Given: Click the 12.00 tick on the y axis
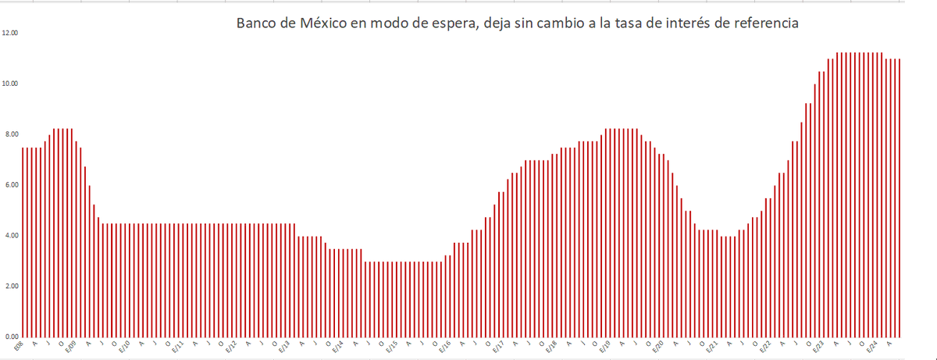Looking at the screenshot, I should click(x=10, y=34).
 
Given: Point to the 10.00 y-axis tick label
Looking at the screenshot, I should click(x=10, y=84).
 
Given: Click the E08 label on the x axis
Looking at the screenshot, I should click(x=20, y=344).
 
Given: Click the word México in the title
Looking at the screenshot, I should click(x=322, y=23).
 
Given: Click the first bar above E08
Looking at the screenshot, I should click(x=23, y=242).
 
